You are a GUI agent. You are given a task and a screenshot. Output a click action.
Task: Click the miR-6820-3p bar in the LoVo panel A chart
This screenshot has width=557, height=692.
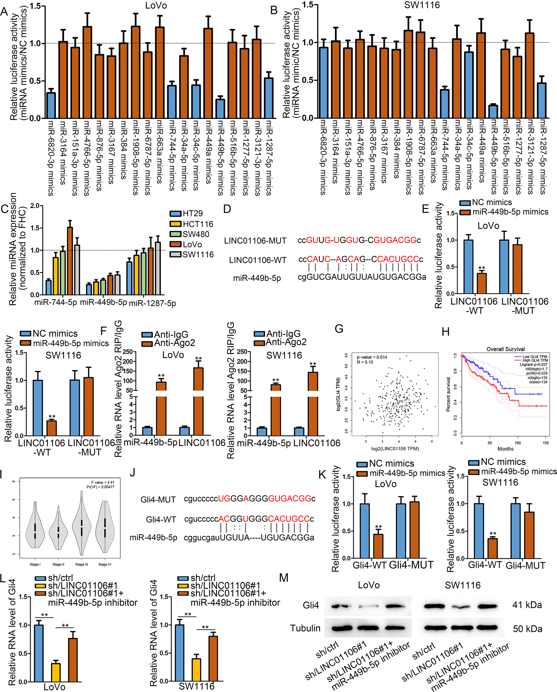[51, 106]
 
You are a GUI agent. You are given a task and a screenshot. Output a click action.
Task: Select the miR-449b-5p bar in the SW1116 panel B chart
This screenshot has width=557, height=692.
[493, 111]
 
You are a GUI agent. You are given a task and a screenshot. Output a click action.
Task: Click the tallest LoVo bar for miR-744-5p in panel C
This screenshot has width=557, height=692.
[70, 261]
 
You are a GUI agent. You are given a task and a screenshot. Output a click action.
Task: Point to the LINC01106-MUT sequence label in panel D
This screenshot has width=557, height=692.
[255, 241]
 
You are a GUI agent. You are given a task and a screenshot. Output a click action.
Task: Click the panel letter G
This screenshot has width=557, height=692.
[339, 329]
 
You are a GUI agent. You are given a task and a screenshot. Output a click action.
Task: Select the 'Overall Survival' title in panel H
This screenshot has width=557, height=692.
[505, 349]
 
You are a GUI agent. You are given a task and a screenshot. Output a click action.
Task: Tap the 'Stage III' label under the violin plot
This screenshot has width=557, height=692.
[81, 564]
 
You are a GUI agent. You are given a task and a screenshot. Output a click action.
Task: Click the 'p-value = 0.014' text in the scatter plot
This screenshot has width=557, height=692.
[372, 357]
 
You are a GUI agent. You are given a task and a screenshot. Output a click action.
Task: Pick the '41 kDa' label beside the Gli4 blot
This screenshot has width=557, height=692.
[527, 605]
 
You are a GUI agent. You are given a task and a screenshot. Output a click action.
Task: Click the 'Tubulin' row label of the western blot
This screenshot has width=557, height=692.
[305, 628]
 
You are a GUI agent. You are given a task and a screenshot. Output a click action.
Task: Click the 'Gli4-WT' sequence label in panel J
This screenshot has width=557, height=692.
[161, 519]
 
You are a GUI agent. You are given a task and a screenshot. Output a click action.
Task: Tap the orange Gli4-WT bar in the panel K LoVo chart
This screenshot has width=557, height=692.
[378, 546]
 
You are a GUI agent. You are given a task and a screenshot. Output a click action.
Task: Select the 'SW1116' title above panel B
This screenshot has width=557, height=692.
[422, 5]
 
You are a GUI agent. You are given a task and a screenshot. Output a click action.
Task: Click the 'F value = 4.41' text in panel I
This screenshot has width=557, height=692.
[102, 482]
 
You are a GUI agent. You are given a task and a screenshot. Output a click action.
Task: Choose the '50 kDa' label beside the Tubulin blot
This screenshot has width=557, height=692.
[527, 628]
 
